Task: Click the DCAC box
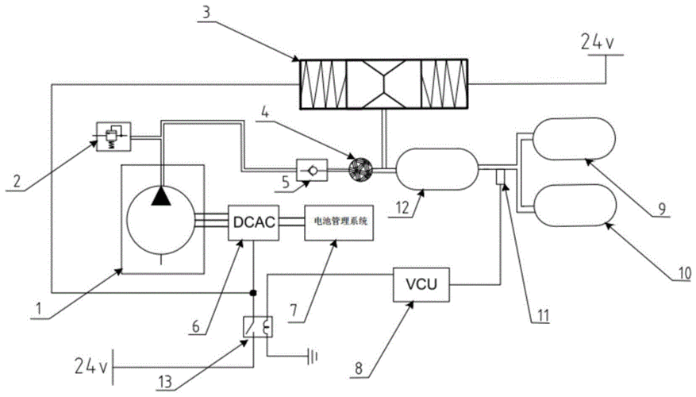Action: pyautogui.click(x=253, y=224)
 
